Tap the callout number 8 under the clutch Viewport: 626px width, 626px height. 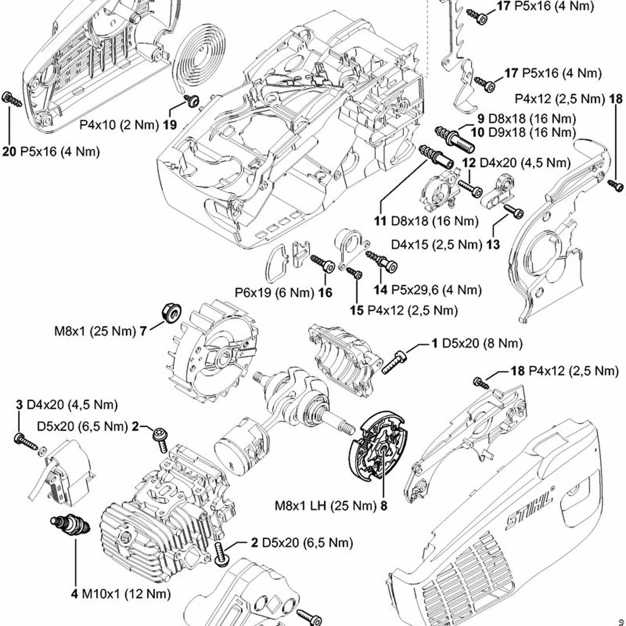click(x=384, y=506)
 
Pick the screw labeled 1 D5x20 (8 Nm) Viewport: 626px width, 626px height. click(x=394, y=361)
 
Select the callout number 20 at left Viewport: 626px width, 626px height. click(x=9, y=151)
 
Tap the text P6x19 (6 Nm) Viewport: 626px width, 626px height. click(x=274, y=293)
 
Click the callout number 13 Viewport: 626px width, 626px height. click(x=493, y=244)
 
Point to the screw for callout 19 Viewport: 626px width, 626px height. click(x=192, y=100)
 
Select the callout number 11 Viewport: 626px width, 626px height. click(x=380, y=220)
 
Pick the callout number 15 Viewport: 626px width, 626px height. click(x=357, y=310)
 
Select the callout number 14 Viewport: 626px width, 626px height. click(x=380, y=290)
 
